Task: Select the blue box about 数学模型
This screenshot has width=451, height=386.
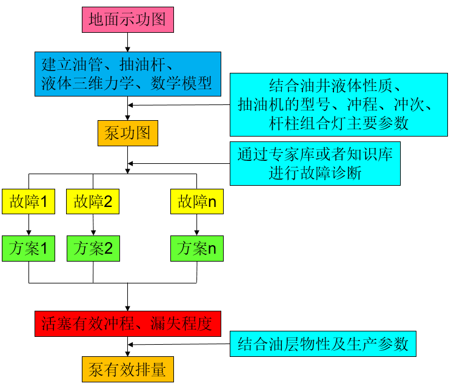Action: pos(128,74)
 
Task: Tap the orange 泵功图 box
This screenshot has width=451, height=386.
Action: pos(127,133)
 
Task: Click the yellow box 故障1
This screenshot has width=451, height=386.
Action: pos(28,201)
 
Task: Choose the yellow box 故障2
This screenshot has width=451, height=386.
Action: pos(93,201)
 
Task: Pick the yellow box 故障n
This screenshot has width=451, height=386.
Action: pos(197,201)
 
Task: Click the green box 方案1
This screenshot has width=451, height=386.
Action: pos(28,248)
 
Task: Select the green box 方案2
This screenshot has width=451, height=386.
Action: pos(93,248)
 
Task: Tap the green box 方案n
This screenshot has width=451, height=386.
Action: pos(197,248)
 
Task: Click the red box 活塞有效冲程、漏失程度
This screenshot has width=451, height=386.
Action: pos(127,324)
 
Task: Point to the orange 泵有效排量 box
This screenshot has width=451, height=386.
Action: pos(127,370)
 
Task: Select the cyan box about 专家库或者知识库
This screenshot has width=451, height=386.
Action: pos(315,164)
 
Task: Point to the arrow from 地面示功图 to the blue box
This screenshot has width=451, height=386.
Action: pos(127,42)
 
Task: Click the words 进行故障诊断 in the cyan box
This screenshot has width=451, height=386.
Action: pos(315,173)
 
